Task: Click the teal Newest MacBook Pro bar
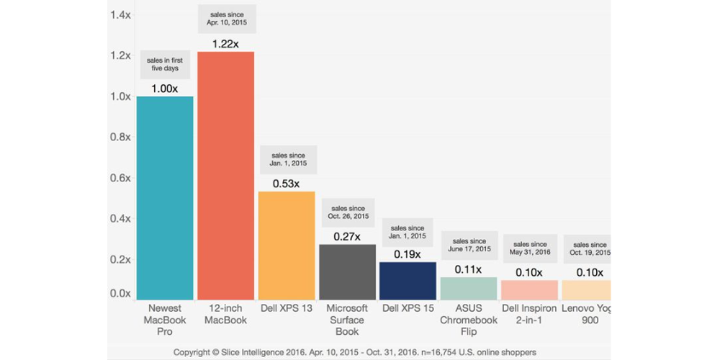(x=165, y=198)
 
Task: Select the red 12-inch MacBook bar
(x=225, y=176)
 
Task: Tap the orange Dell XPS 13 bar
(x=287, y=246)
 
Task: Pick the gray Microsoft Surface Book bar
(x=347, y=272)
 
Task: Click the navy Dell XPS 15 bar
(x=408, y=281)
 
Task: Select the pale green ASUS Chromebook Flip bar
(x=469, y=289)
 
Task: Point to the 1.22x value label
(x=225, y=44)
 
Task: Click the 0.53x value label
(x=287, y=184)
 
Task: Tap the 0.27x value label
(x=347, y=236)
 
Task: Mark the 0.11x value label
(x=469, y=269)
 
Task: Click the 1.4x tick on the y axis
(x=120, y=15)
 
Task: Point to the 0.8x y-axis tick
(x=120, y=138)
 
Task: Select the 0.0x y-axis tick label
(x=120, y=294)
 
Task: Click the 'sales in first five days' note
(x=165, y=64)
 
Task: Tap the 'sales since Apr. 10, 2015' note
(x=225, y=18)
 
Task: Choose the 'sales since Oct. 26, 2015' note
(x=347, y=212)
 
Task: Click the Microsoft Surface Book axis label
(x=347, y=320)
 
